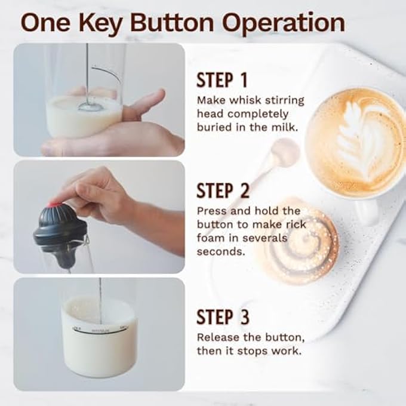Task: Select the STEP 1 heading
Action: pyautogui.click(x=222, y=80)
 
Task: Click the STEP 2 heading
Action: pyautogui.click(x=223, y=190)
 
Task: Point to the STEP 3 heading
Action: pyautogui.click(x=223, y=317)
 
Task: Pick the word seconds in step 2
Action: pyautogui.click(x=221, y=251)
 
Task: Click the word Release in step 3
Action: pyautogui.click(x=219, y=337)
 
